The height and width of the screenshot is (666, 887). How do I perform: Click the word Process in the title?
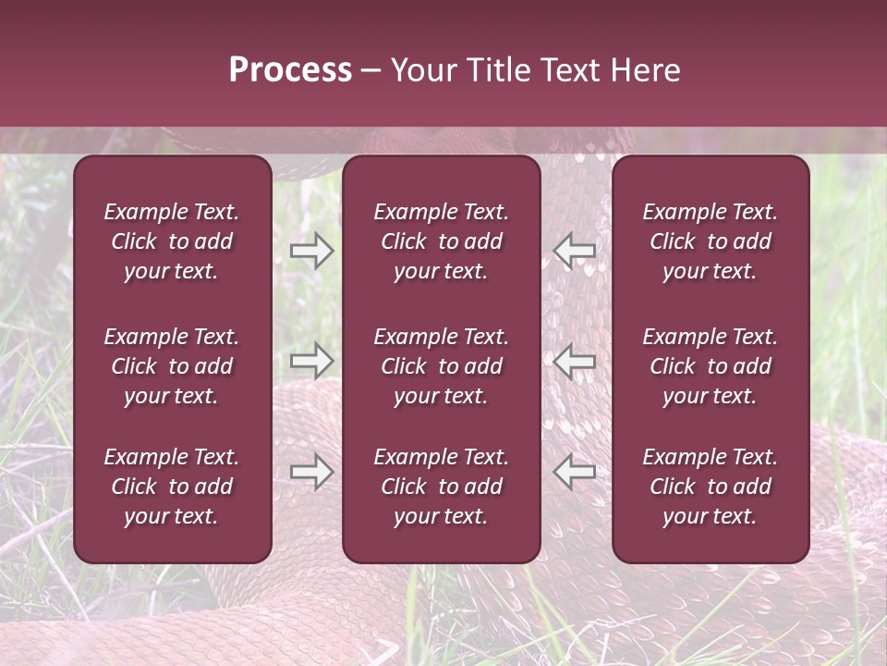290,70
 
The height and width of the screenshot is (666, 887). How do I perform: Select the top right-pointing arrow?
312,251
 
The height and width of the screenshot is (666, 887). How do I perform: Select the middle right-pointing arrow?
312,360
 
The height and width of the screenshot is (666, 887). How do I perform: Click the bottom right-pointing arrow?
312,472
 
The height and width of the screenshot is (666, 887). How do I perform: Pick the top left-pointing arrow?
574,251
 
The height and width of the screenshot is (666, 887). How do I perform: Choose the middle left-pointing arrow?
574,360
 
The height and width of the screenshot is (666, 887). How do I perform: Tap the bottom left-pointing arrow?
574,472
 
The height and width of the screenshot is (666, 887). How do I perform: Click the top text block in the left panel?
172,241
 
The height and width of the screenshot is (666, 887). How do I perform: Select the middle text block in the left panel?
172,366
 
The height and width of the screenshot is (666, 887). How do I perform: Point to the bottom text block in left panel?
172,487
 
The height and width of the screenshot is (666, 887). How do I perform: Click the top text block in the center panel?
442,241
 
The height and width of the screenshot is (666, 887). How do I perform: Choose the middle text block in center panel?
442,366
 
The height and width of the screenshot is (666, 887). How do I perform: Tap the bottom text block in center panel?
442,487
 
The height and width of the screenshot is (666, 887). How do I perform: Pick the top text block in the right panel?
711,241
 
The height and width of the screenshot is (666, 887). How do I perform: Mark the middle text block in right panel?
711,366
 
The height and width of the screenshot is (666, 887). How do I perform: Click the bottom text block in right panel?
711,487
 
